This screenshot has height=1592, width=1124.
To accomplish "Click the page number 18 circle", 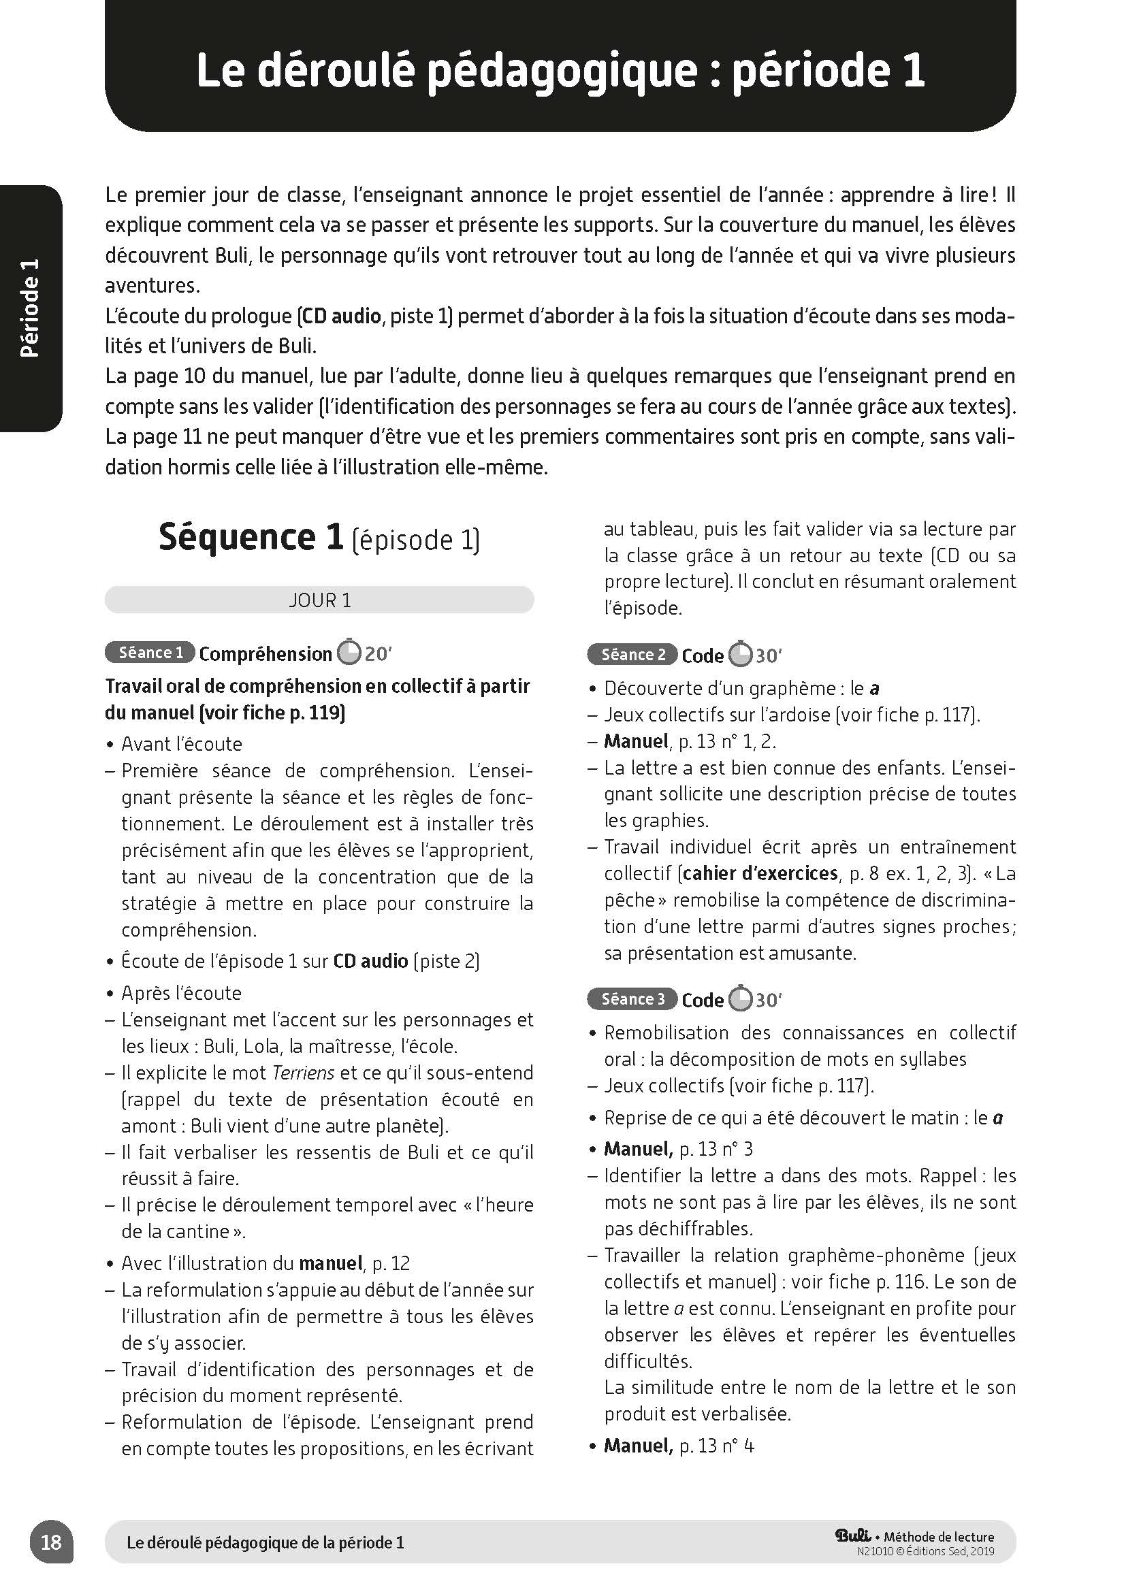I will click(x=51, y=1542).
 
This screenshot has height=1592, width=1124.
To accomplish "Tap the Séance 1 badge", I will click(x=150, y=653).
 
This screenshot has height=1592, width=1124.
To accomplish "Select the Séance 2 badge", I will click(x=632, y=655).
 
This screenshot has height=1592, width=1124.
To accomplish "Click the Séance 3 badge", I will click(x=632, y=998).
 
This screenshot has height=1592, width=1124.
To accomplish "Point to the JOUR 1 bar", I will click(x=319, y=600).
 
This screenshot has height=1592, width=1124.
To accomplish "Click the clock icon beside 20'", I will click(x=349, y=653).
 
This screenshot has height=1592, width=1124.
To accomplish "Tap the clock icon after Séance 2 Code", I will click(x=740, y=655).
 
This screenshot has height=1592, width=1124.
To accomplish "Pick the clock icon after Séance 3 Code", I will click(x=740, y=999).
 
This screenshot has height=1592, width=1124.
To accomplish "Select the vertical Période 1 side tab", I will click(x=31, y=308).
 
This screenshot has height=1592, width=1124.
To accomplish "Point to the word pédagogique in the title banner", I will click(x=560, y=71).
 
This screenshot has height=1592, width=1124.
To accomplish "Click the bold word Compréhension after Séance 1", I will click(x=266, y=653).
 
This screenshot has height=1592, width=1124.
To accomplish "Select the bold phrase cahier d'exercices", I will click(x=760, y=873).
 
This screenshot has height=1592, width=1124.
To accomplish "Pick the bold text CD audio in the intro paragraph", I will click(x=342, y=316).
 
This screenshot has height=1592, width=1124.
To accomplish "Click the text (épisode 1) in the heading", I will click(x=415, y=540).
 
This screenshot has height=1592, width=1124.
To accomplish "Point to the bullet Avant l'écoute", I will click(x=181, y=744).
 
